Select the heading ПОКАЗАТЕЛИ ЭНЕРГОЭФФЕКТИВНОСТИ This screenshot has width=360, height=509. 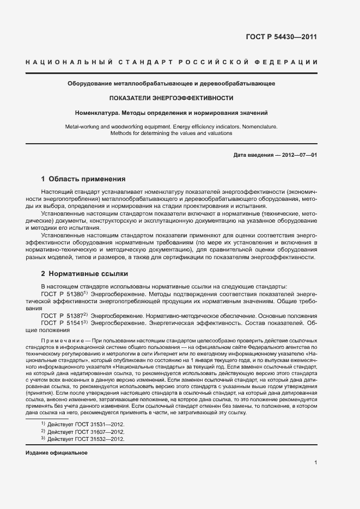coord(171,99)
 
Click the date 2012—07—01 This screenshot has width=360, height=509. coord(299,155)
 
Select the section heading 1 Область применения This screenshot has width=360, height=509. coord(83,179)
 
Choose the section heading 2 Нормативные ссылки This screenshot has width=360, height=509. coord(84,273)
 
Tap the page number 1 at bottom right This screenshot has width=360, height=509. coord(315,463)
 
